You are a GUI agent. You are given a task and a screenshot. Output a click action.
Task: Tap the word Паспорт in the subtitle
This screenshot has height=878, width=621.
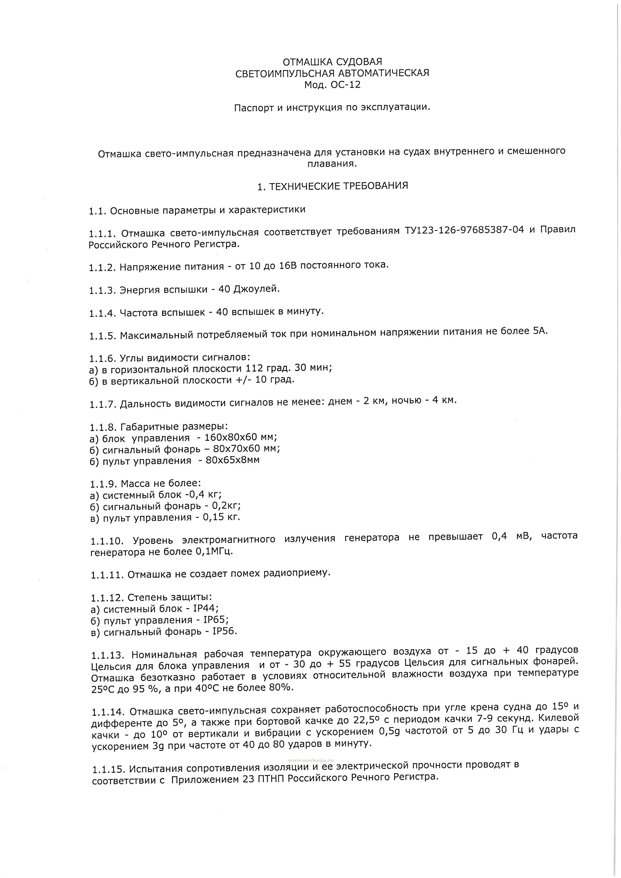pos(252,108)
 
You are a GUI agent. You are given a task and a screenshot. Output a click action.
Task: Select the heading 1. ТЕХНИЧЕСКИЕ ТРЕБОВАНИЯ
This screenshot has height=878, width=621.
pos(332,186)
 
